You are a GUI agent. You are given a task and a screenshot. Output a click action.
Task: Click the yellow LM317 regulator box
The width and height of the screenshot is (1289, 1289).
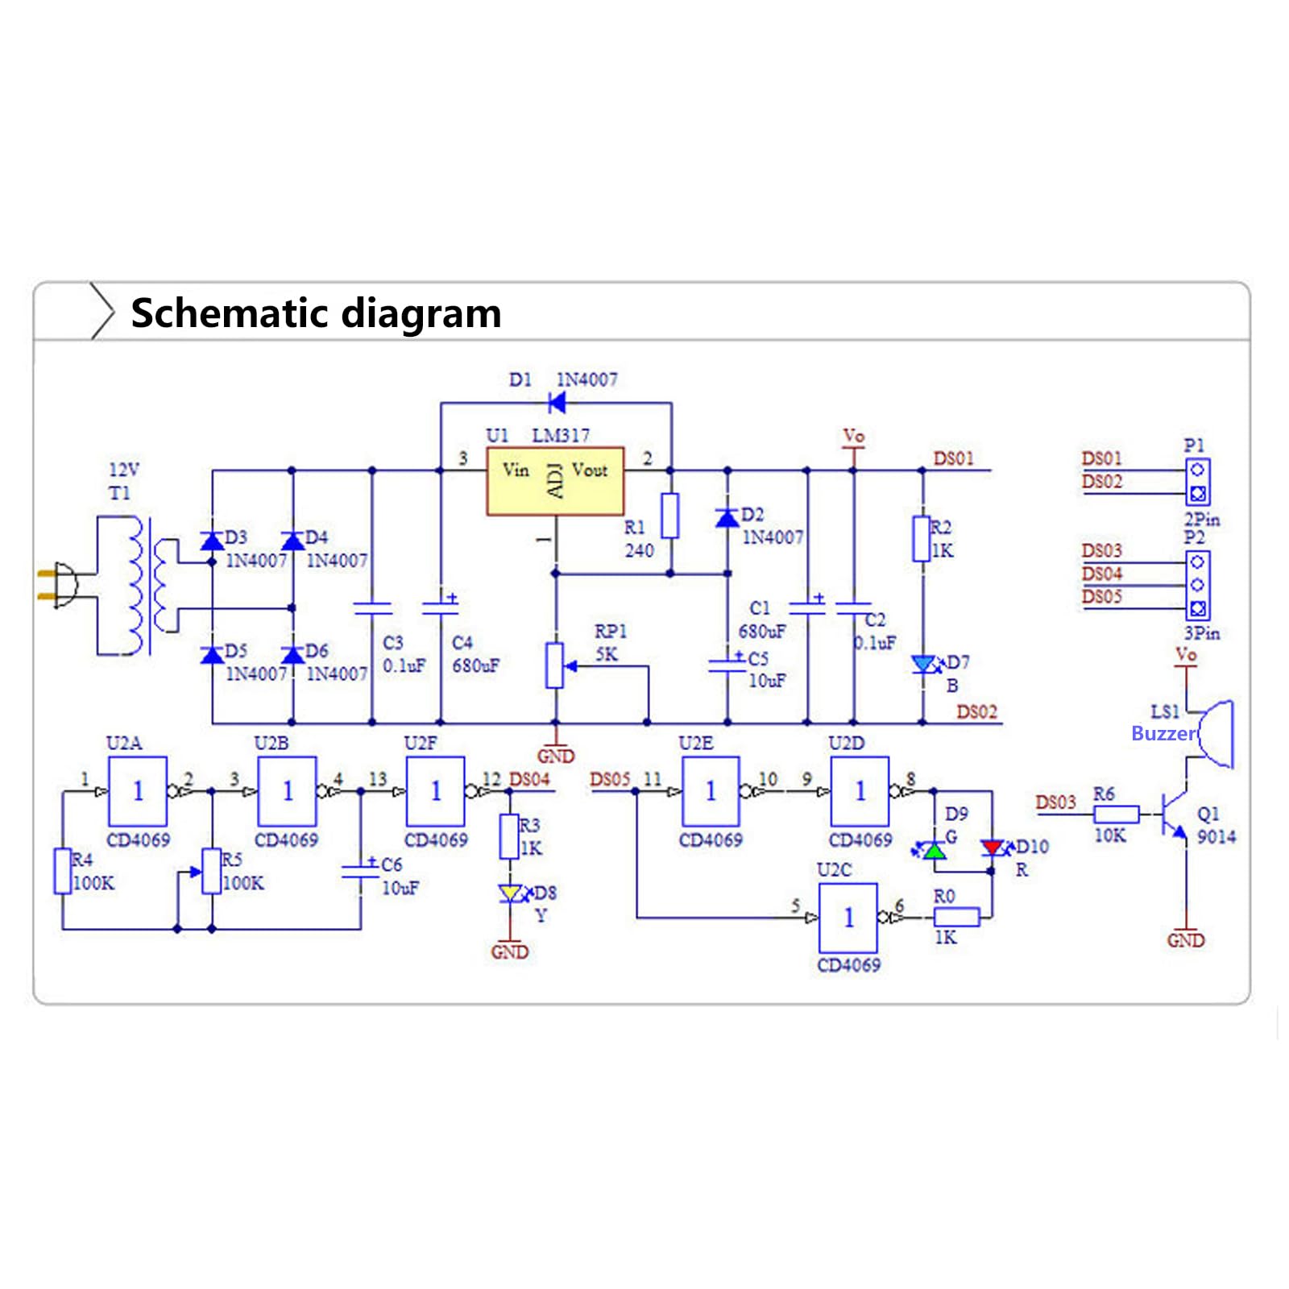[x=555, y=481]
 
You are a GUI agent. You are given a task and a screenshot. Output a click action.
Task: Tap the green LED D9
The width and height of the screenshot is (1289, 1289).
[x=935, y=849]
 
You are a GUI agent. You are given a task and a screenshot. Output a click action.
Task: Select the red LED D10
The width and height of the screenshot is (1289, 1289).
[x=992, y=848]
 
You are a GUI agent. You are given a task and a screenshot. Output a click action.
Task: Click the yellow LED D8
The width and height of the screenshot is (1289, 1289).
[x=510, y=893]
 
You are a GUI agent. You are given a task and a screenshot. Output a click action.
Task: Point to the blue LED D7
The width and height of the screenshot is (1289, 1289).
[x=923, y=665]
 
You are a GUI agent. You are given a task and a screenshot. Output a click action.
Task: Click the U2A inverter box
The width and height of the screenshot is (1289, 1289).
[x=138, y=791]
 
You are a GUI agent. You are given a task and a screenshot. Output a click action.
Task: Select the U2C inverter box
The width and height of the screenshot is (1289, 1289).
[x=848, y=918]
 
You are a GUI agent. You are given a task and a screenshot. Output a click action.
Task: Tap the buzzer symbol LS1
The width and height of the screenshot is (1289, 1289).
[x=1214, y=733]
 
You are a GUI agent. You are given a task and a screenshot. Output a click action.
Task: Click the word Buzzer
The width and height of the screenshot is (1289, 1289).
[x=1164, y=733]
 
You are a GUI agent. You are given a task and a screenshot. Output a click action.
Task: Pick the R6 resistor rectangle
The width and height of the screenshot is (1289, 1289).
[x=1117, y=814]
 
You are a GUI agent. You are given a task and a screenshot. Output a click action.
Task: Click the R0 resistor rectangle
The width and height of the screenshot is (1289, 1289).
[x=956, y=917]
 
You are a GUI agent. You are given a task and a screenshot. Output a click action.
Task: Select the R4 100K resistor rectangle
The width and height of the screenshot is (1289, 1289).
[x=62, y=871]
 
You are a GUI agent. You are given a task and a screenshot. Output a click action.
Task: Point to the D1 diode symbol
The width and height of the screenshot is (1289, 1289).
[x=556, y=402]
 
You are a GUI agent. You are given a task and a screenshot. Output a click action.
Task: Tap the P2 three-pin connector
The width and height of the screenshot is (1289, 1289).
[x=1197, y=585]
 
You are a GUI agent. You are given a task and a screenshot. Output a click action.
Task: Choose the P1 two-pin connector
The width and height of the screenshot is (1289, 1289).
[x=1197, y=482]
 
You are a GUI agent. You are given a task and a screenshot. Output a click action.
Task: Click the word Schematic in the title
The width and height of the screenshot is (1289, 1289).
[x=226, y=313]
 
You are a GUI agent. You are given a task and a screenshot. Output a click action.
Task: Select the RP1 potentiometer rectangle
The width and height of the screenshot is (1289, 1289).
[x=554, y=665]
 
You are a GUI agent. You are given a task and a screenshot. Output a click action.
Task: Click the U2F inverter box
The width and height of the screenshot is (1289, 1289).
[x=435, y=791]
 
